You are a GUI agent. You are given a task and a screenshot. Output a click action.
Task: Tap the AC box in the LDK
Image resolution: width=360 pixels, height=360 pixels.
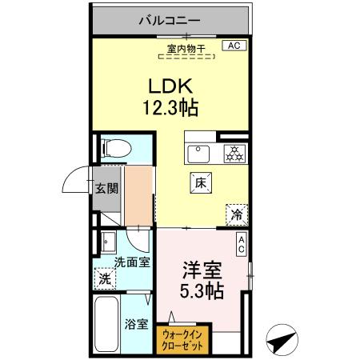(x=234, y=46)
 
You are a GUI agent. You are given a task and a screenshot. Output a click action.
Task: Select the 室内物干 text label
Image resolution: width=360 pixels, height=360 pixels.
(x=186, y=50)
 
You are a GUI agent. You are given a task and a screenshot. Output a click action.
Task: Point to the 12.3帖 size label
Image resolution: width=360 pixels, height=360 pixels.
(x=171, y=106)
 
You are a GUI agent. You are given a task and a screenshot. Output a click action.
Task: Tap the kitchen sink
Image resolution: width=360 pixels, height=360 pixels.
(x=198, y=152)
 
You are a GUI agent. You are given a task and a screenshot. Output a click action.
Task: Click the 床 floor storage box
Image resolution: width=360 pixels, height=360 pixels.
(x=201, y=182)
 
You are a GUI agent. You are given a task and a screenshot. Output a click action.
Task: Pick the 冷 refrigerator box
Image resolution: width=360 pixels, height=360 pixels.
(x=237, y=213)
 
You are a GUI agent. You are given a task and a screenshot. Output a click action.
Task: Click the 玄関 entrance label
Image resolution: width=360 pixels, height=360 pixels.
(x=107, y=190)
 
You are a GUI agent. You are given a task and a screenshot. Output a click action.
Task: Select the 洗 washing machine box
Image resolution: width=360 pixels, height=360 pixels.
(x=105, y=278)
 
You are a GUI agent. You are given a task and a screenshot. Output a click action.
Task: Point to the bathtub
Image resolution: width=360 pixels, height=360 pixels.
(x=106, y=326)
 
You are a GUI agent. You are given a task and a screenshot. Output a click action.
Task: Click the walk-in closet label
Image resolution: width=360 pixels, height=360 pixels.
(x=183, y=338)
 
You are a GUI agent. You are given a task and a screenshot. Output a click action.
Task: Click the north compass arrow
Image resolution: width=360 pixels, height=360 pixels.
(x=280, y=341)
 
